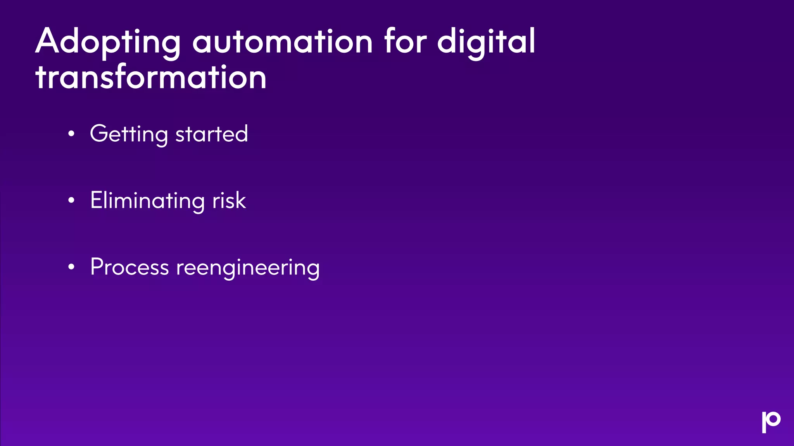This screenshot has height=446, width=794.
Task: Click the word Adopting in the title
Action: click(x=108, y=43)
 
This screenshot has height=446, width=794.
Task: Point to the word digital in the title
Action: click(x=486, y=43)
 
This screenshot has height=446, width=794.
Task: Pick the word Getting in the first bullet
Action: click(x=129, y=134)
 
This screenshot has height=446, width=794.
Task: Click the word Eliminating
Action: click(x=147, y=201)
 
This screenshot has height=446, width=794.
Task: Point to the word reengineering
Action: click(x=248, y=268)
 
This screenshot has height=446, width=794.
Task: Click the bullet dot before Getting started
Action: click(x=71, y=134)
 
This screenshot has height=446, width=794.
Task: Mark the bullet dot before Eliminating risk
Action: click(x=71, y=201)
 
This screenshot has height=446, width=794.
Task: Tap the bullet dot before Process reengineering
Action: click(x=71, y=267)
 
